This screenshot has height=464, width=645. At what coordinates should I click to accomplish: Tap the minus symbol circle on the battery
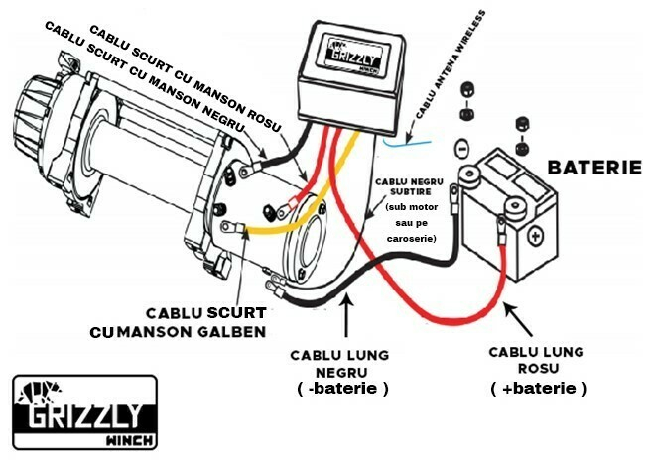(x=460, y=149)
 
